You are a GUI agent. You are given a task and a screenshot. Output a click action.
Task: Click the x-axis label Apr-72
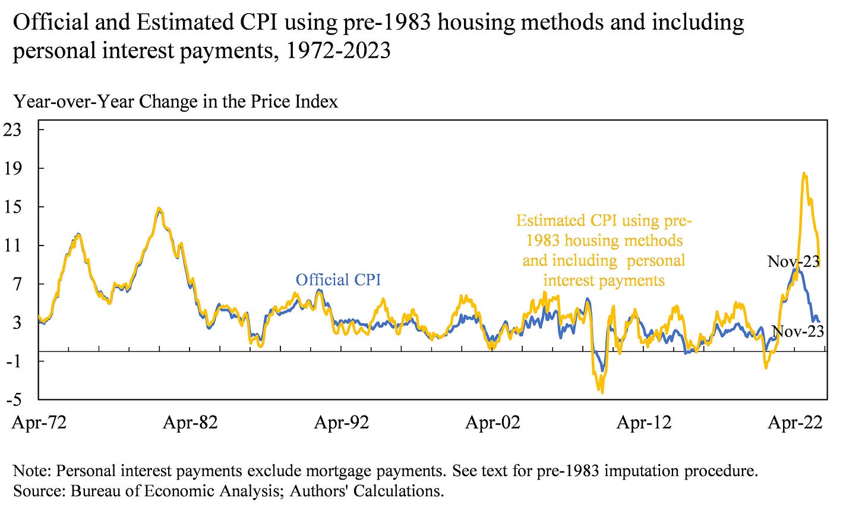coord(39,423)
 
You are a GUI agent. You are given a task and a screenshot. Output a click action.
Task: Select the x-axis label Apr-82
coord(190,423)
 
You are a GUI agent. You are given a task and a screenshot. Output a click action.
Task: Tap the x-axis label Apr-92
coord(342,423)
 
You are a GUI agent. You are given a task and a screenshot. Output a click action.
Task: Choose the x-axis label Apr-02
coord(493,423)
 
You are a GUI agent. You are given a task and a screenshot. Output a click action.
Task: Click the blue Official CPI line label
coord(338,279)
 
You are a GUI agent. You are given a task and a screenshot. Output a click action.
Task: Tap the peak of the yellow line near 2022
coord(804,174)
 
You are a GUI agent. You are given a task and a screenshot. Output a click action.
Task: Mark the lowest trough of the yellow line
coord(602,392)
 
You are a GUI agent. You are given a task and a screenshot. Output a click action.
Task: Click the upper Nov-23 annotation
coord(793,261)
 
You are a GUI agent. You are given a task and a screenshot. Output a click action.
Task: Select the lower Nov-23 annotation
coord(797,331)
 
